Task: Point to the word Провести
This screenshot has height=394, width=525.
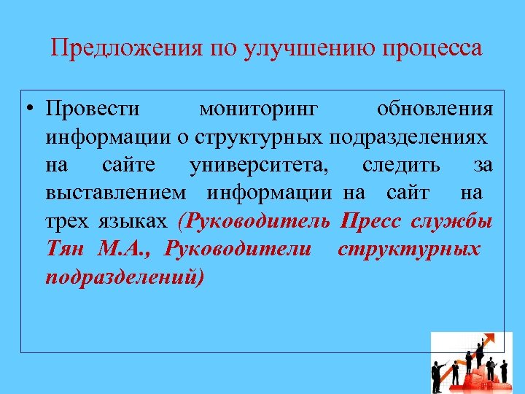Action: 92,109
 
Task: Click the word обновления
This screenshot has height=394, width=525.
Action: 435,109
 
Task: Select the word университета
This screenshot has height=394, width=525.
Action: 259,165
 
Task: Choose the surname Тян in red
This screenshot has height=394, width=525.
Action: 66,248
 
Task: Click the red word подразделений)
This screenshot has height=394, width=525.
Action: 125,276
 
